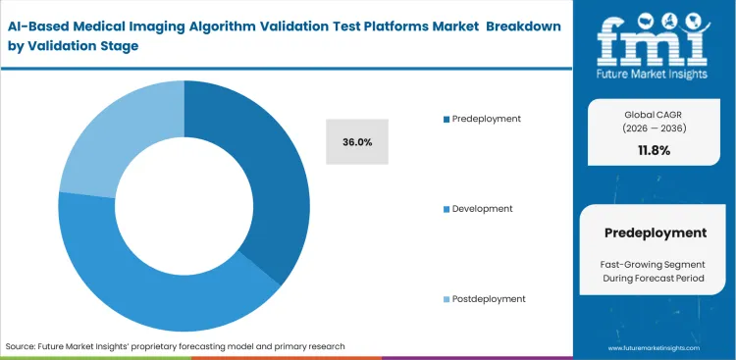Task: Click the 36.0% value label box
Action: pos(357,141)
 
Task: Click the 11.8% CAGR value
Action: pos(654,150)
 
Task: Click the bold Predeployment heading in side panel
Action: pos(654,232)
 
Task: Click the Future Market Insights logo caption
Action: pos(654,74)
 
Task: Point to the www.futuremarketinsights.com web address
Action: pos(654,348)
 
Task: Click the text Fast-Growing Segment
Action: pos(654,263)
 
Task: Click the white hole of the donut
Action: pos(184,206)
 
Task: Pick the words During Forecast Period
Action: pos(654,280)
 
